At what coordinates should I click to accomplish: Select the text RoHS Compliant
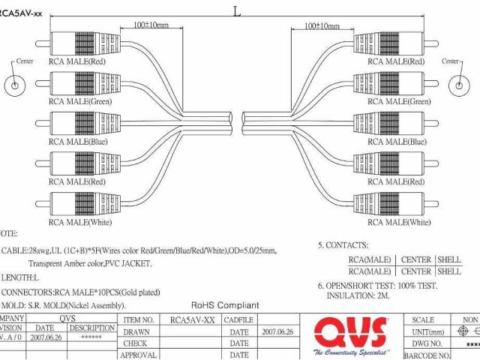[225, 305]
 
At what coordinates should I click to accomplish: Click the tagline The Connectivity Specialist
[351, 352]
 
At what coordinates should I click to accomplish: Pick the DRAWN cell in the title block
[137, 331]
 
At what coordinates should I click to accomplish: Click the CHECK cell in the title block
[137, 343]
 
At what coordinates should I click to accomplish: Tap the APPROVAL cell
[138, 355]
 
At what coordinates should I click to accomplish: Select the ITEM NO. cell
[138, 319]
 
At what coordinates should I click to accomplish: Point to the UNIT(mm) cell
[428, 331]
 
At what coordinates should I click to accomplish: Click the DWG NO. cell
[428, 343]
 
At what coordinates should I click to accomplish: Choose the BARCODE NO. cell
[428, 355]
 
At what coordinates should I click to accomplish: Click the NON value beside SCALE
[469, 319]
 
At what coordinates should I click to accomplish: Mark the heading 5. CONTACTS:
[343, 245]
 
